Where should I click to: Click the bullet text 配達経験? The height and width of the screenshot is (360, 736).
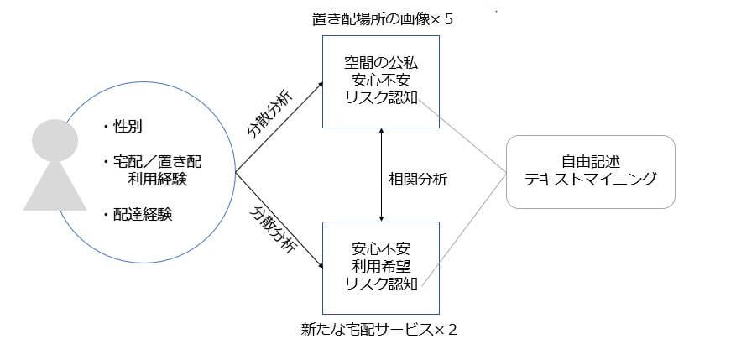pyautogui.click(x=144, y=214)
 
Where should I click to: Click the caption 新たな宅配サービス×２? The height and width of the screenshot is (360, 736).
pyautogui.click(x=379, y=328)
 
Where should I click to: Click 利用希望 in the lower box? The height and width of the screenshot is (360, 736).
pyautogui.click(x=381, y=265)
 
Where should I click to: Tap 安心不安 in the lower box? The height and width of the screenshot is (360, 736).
pyautogui.click(x=381, y=248)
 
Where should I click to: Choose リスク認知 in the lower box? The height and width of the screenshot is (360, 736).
pyautogui.click(x=381, y=283)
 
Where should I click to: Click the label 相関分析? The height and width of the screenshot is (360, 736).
pyautogui.click(x=417, y=179)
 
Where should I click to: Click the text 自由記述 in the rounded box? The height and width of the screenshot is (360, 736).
pyautogui.click(x=590, y=162)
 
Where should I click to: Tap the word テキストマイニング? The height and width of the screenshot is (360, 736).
pyautogui.click(x=590, y=179)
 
